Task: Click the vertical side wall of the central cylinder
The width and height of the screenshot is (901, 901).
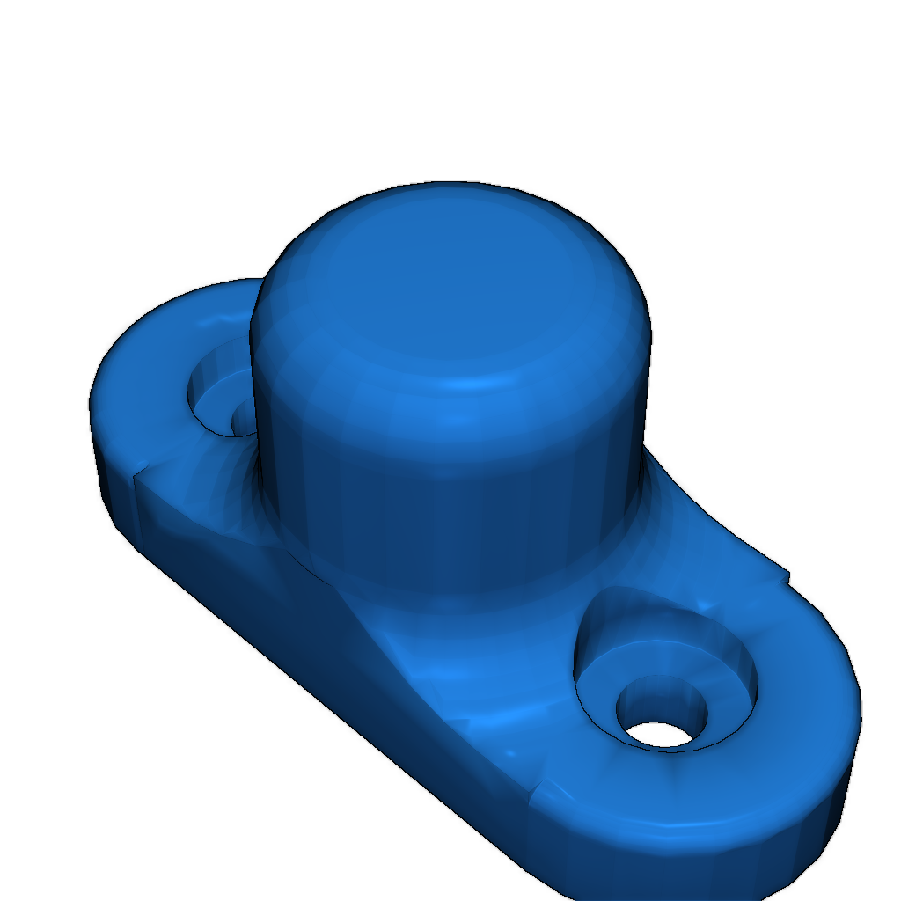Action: tap(440, 510)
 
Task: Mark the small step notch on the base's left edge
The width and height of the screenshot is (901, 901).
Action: tap(136, 480)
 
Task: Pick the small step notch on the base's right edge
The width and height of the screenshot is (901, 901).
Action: tap(786, 576)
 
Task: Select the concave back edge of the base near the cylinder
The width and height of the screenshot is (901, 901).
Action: tap(704, 510)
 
